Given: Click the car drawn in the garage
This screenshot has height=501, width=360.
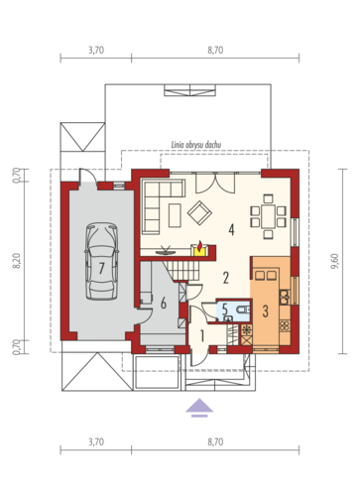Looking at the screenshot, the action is (101, 261).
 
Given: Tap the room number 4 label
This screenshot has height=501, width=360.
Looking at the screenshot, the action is (231, 229).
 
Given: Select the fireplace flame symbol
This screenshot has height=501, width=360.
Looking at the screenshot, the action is (200, 246).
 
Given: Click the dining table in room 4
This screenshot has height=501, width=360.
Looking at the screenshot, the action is (268, 216).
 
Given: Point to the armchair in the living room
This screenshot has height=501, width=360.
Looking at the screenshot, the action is (199, 213).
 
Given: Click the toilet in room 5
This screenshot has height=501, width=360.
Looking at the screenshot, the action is (242, 310).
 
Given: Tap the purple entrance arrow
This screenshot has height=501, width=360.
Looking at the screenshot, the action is (199, 408).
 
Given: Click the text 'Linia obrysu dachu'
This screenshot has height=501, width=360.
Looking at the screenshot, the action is (196, 145).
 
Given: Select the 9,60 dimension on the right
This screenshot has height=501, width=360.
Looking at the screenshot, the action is (334, 261).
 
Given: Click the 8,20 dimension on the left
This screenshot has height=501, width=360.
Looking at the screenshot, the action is (17, 261).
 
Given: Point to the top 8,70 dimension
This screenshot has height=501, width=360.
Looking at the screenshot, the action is (215, 50).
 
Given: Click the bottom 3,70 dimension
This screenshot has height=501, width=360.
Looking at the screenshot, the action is (96, 441).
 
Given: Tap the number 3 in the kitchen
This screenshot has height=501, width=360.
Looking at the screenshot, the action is (265, 312).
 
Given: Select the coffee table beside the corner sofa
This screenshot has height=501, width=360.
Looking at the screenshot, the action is (175, 215).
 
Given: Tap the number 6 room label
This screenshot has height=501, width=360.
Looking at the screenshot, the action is (164, 303).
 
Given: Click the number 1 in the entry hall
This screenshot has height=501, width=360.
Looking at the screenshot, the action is (201, 336).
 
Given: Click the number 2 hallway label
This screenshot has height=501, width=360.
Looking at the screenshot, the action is (226, 278).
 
